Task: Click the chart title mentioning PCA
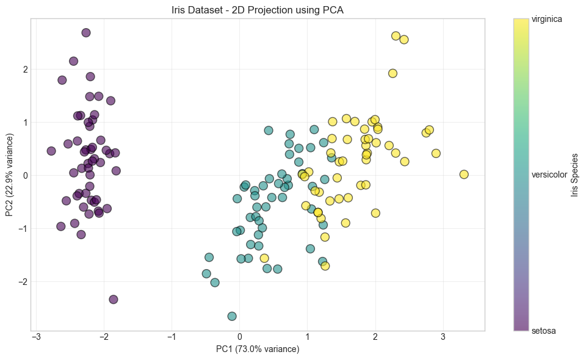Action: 258,10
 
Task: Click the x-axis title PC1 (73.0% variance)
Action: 258,349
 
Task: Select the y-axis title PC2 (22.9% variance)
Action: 10,175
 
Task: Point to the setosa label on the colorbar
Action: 543,331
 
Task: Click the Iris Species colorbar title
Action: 574,175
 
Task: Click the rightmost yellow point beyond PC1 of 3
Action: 464,175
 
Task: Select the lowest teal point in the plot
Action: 232,316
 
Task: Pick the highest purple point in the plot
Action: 86,33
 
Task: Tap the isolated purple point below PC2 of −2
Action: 114,300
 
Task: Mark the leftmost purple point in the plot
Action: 51,151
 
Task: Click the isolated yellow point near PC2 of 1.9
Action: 392,73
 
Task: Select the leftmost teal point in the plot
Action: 206,274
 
